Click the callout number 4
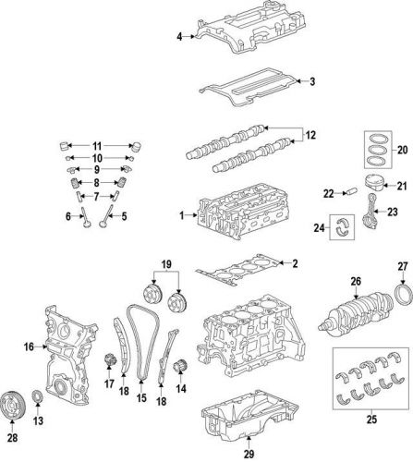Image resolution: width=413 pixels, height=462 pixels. click(179, 36)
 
